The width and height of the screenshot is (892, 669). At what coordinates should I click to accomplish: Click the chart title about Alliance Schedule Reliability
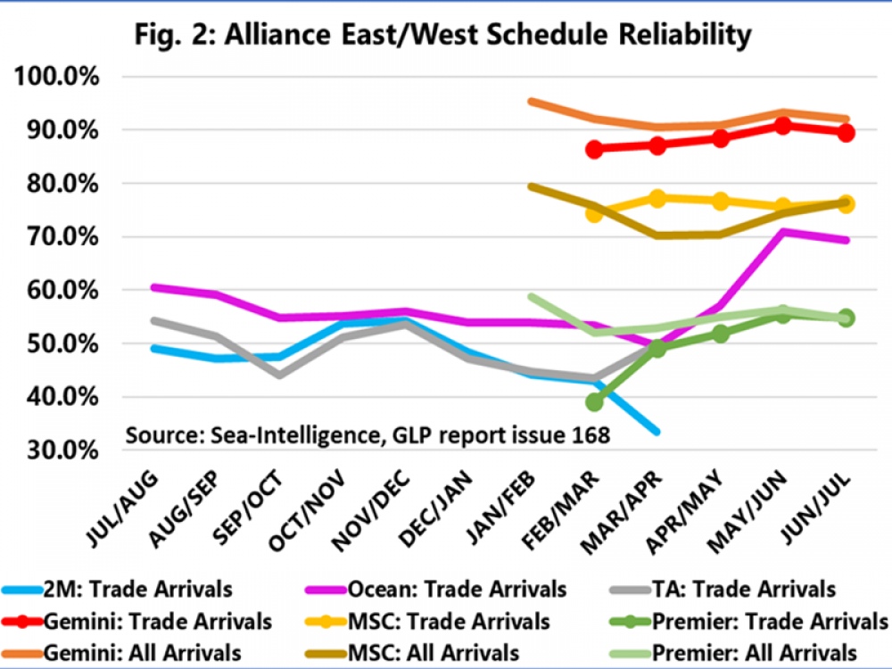[442, 36]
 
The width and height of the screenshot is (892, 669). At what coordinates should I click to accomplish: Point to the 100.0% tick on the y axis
[56, 76]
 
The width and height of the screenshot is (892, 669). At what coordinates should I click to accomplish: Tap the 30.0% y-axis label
[62, 450]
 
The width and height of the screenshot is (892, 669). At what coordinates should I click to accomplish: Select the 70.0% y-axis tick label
[62, 236]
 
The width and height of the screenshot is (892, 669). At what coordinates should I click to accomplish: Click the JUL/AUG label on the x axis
[122, 508]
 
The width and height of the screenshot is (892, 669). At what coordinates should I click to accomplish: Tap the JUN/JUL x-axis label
[814, 508]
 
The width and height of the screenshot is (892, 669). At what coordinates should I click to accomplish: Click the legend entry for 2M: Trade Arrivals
[117, 590]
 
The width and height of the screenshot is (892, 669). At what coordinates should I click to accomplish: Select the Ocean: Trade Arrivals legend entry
[436, 590]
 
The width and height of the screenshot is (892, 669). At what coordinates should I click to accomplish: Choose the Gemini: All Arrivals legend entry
[121, 653]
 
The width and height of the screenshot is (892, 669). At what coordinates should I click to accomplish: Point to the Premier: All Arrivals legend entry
[733, 653]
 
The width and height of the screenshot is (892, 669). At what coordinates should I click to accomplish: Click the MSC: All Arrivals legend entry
[412, 653]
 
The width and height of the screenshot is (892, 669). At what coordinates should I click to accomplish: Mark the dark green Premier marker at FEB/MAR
[594, 403]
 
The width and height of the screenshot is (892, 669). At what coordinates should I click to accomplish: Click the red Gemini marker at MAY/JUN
[783, 126]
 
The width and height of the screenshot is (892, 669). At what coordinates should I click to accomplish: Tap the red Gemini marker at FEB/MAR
[594, 150]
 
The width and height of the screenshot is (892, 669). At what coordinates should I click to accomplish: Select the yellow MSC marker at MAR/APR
[657, 199]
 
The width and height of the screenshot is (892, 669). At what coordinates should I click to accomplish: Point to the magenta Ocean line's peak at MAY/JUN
[783, 232]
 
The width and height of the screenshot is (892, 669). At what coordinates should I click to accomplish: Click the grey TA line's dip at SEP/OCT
[279, 376]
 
